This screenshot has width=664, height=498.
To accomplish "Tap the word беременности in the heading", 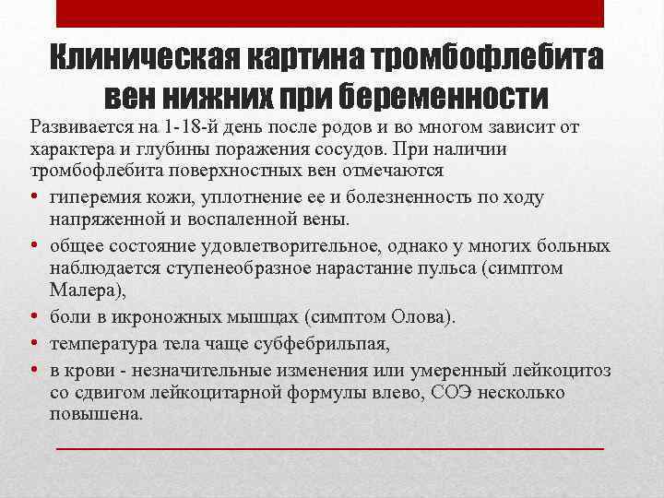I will (x=445, y=96).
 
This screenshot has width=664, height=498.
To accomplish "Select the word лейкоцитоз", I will (x=563, y=369).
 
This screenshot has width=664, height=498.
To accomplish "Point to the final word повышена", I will (x=94, y=415).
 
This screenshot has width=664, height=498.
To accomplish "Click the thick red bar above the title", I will (x=330, y=14).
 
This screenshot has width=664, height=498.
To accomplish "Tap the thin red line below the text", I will (x=330, y=449).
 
